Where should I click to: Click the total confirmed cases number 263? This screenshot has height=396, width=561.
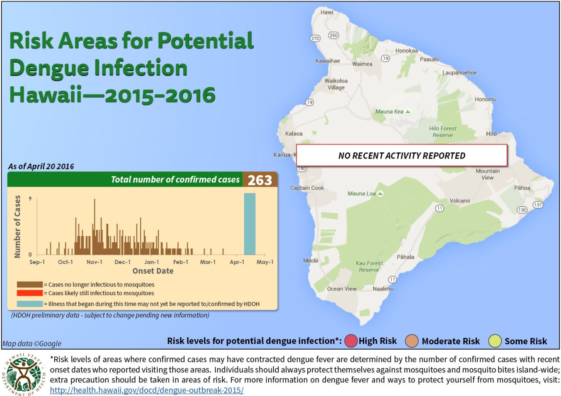coord(260,180)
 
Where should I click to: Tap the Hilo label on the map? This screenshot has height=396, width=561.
coord(492,134)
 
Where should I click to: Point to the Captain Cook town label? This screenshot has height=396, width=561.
coord(307,188)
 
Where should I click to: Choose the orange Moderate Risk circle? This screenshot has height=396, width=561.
coord(412,341)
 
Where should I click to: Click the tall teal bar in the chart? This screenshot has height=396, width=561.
coord(249,224)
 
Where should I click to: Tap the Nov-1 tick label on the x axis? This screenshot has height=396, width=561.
coord(94,262)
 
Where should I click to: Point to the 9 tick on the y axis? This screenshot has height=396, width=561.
coord(30,198)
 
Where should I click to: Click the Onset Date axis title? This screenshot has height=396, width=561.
coord(153,271)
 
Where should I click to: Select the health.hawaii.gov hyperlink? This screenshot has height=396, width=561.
coord(147,390)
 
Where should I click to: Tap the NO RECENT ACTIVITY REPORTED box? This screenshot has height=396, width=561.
coord(401,156)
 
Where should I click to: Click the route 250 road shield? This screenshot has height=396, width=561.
coord(334,35)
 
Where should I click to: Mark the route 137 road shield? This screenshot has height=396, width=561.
coord(538,205)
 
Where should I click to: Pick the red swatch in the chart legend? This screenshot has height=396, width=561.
coord(30,293)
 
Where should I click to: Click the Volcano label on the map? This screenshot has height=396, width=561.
coord(460,201)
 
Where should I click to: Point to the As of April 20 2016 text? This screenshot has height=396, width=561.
coord(41,166)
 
